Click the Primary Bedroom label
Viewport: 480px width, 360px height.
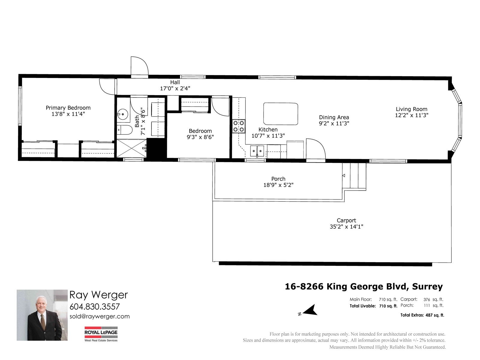click(68, 108)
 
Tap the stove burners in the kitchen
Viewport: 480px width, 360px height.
click(239, 126)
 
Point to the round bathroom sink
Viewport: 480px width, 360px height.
click(123, 114)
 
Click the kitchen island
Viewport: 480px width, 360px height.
click(280, 114)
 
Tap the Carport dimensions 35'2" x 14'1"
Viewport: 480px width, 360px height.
click(346, 227)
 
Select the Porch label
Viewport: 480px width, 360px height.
click(278, 179)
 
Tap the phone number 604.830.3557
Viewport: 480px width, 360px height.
click(94, 307)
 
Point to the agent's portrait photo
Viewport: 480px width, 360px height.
click(42, 315)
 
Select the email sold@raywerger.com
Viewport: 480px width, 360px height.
click(100, 316)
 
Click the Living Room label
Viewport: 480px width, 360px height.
click(411, 109)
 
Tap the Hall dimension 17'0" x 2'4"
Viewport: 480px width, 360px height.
click(175, 88)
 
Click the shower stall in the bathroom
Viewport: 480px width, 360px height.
click(131, 148)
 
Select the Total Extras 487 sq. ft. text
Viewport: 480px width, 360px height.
click(422, 315)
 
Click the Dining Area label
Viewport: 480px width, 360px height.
click(334, 117)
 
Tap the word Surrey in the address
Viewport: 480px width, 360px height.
click(427, 286)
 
